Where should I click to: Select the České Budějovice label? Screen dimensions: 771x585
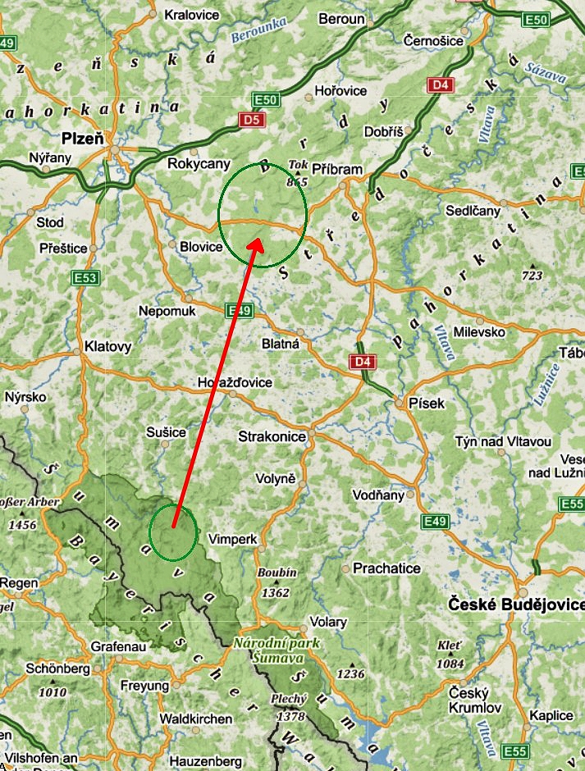tap(516, 604)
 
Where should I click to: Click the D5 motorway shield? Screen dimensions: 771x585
tap(251, 121)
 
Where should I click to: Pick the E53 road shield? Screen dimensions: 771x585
tap(85, 277)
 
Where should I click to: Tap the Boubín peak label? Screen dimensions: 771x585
tap(277, 573)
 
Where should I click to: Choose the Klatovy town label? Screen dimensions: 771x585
tap(107, 347)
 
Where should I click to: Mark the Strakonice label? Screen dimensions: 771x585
tap(272, 436)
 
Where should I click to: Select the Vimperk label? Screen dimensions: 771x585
tap(233, 540)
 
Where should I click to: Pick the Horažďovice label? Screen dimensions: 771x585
tap(235, 383)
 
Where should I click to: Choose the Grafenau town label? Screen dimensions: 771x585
tap(118, 646)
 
